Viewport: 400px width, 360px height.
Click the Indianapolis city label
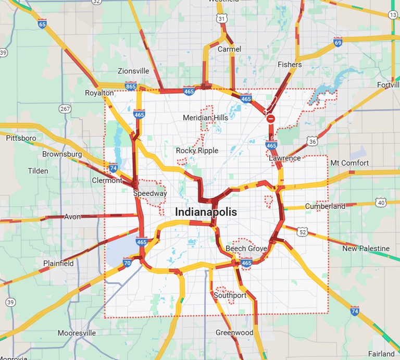tap(206, 213)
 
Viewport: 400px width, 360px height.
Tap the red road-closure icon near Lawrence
tap(271, 119)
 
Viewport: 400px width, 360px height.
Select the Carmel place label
tap(229, 49)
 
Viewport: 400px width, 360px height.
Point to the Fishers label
tap(290, 65)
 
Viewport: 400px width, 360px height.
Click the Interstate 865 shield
tap(131, 86)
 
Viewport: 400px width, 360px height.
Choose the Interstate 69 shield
tap(338, 43)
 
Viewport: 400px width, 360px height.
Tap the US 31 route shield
tap(222, 19)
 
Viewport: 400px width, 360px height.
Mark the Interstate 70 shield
tap(128, 263)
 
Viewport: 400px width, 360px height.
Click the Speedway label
tap(150, 193)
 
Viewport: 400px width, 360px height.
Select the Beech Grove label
tap(246, 249)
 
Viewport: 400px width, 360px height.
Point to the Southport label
tap(230, 295)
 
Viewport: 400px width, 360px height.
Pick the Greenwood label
tap(234, 332)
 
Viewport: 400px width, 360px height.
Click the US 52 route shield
tap(303, 231)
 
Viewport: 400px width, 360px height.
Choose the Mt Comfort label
tap(349, 163)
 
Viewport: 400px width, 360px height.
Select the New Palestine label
tap(366, 249)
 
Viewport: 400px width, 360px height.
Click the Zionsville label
tap(133, 71)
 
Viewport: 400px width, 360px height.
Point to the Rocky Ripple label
tap(197, 151)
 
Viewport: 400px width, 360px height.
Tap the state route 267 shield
tap(65, 109)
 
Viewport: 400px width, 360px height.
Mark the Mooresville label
tap(77, 332)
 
